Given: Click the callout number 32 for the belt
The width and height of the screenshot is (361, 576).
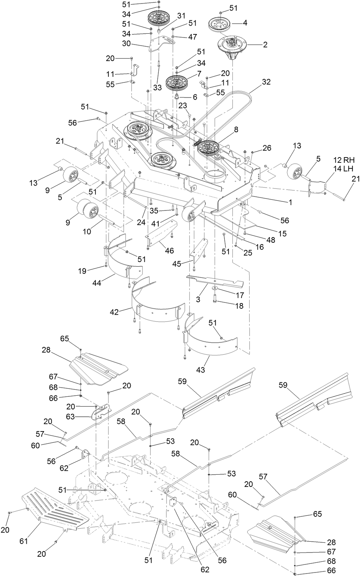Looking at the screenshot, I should pos(267,82).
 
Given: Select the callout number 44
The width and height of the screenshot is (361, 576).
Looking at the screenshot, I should pos(97,283).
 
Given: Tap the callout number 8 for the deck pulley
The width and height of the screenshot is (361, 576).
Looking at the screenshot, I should pos(236,130).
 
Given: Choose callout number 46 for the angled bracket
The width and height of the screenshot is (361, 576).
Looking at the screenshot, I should pos(170,251).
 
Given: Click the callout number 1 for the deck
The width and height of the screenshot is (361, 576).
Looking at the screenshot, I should pos(290,202).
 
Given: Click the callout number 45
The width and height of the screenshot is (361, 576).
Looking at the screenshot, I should pos(177,264).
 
